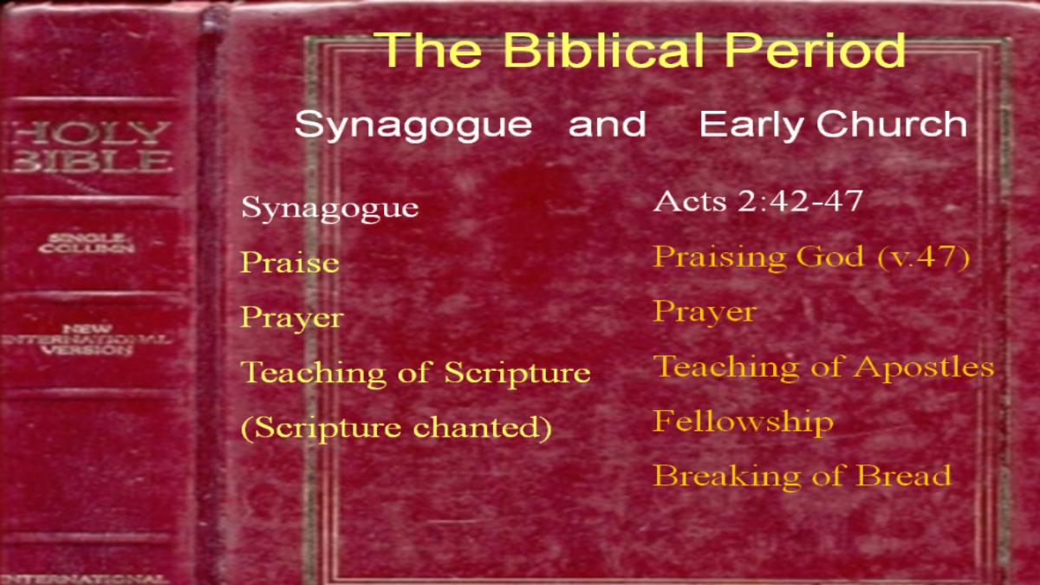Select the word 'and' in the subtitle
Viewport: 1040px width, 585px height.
pyautogui.click(x=608, y=124)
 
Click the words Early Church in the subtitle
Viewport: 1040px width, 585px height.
pyautogui.click(x=833, y=124)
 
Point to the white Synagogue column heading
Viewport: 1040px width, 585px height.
pyautogui.click(x=330, y=207)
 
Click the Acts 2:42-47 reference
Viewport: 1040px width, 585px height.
pyautogui.click(x=758, y=201)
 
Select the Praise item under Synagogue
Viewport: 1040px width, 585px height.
pyautogui.click(x=289, y=263)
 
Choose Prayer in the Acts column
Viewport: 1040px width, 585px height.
pyautogui.click(x=705, y=313)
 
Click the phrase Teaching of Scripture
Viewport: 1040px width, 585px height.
pyautogui.click(x=415, y=373)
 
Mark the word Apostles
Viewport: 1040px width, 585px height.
pyautogui.click(x=924, y=367)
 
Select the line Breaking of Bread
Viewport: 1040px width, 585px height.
pyautogui.click(x=803, y=476)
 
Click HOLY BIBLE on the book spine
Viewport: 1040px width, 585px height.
pyautogui.click(x=89, y=146)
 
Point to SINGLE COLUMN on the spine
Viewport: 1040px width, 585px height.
pyautogui.click(x=88, y=244)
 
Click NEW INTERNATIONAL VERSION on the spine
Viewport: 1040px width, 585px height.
pyautogui.click(x=87, y=340)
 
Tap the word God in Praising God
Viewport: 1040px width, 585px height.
pyautogui.click(x=830, y=256)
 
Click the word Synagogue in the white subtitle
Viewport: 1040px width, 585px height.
pyautogui.click(x=413, y=126)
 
